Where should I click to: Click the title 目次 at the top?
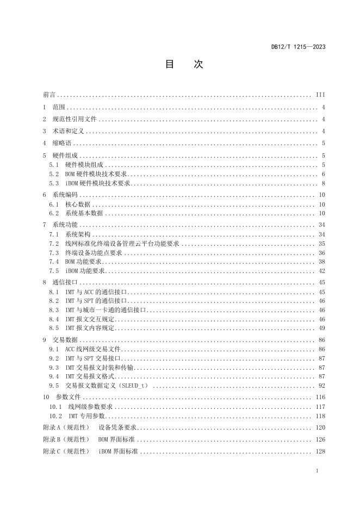[184, 64]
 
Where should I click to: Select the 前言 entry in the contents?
[49, 95]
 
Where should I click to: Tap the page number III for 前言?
[320, 95]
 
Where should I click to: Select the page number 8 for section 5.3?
[323, 183]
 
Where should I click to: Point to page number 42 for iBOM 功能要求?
[321, 270]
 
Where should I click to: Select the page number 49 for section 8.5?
[321, 328]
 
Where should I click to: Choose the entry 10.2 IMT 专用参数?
[79, 415]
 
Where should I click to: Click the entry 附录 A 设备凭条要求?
[89, 427]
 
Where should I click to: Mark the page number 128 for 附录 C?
[320, 452]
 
